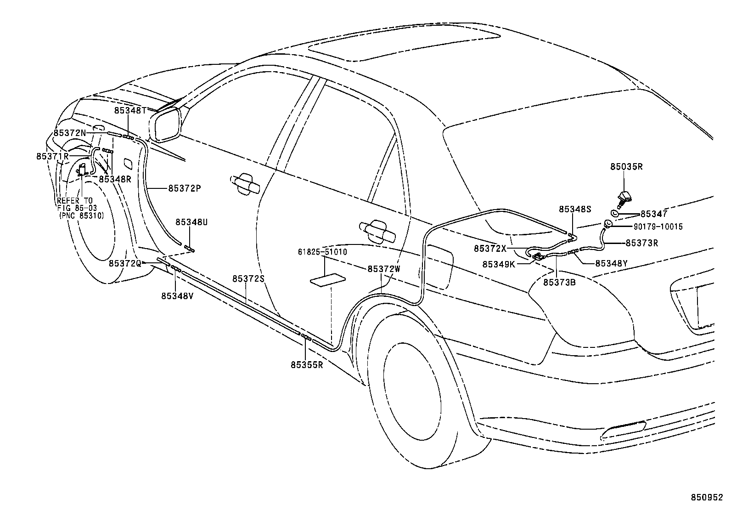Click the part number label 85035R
tap(626, 167)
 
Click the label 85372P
tap(185, 188)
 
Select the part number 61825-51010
tap(322, 252)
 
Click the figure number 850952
tap(708, 498)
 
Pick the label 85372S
tap(248, 278)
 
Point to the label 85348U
tap(191, 222)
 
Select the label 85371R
tap(52, 156)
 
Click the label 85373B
tap(559, 283)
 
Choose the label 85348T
tap(130, 110)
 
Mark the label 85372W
tap(383, 269)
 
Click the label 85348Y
tap(611, 263)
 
